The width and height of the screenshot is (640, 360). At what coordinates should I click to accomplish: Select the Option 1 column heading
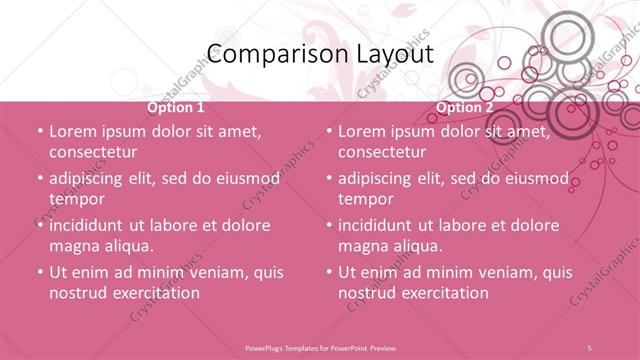(x=176, y=107)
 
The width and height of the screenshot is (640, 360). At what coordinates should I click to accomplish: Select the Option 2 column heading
(x=465, y=107)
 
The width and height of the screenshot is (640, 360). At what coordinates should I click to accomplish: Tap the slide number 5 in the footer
(x=589, y=346)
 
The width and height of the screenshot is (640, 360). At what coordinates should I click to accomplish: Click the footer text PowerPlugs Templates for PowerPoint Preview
(x=320, y=346)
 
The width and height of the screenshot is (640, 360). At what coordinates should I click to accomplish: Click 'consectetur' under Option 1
(x=92, y=152)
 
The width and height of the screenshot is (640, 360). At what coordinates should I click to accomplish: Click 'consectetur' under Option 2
(x=382, y=152)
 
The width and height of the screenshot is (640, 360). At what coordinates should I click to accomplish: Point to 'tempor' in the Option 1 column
(x=73, y=198)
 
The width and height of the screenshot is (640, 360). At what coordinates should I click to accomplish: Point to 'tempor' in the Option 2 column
(x=363, y=198)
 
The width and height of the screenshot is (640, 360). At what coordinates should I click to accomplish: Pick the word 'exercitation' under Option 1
(x=156, y=293)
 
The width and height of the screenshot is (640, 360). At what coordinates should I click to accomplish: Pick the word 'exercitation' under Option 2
(x=445, y=293)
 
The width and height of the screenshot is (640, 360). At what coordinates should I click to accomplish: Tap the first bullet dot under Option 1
(x=38, y=131)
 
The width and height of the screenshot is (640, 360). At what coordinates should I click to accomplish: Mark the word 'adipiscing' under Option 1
(x=92, y=178)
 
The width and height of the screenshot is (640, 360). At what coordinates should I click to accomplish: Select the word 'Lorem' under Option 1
(x=72, y=131)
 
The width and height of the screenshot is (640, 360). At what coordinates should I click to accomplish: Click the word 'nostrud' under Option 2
(x=368, y=293)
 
